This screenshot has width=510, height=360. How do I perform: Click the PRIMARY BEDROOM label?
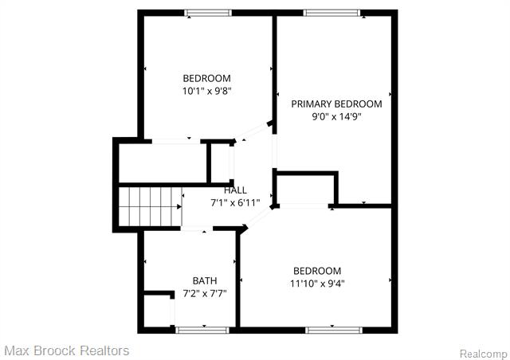point(335,104)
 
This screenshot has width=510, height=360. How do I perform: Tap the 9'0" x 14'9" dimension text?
point(335,116)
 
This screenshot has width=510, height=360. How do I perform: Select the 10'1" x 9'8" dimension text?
point(206,91)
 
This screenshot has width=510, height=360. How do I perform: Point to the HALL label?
point(235,190)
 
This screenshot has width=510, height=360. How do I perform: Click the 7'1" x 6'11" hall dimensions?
point(235,203)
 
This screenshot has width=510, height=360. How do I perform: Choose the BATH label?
point(205,280)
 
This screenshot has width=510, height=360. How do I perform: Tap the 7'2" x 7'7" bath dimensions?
point(205,293)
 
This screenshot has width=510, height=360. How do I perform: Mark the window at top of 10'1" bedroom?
point(207,13)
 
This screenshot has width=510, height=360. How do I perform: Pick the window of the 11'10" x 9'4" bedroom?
point(329,329)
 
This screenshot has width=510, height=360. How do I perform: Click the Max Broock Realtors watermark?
point(66,350)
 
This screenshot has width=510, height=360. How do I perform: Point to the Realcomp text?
point(483,353)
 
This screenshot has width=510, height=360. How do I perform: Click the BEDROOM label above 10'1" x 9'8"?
point(206,78)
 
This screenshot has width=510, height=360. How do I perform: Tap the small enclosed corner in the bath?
point(157,311)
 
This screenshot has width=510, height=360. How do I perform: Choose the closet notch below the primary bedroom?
point(304,188)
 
